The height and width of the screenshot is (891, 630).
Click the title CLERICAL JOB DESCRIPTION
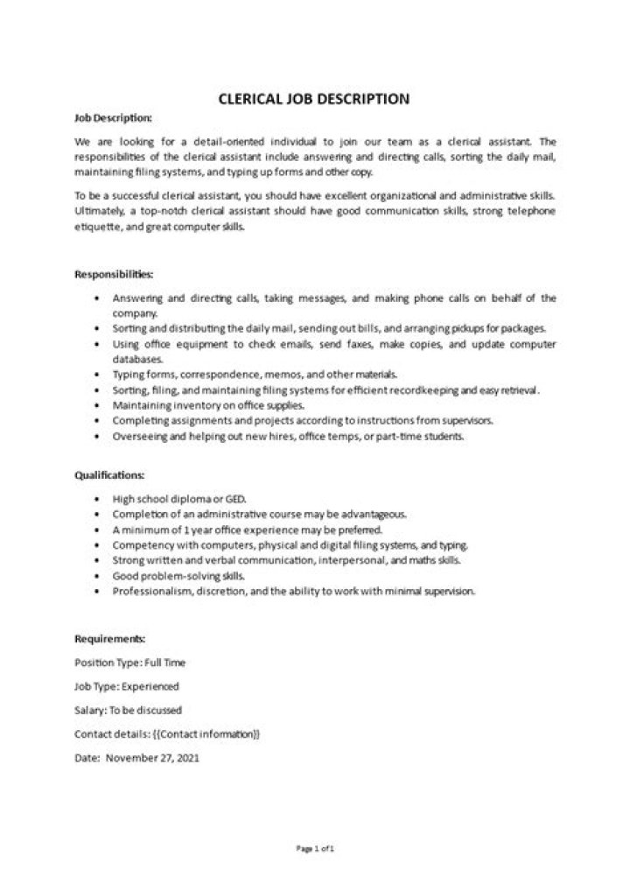point(313,99)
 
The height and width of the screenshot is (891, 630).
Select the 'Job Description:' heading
point(113,117)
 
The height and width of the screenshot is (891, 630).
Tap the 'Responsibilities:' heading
point(115,274)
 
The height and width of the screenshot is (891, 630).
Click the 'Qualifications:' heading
point(110,474)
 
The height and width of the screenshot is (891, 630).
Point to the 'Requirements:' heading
point(110,639)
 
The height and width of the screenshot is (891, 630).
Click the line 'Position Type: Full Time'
point(130,663)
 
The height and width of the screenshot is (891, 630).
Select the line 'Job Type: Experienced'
point(128,686)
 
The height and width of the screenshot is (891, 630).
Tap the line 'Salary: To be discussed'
point(129,710)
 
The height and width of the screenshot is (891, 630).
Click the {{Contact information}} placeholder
point(206,733)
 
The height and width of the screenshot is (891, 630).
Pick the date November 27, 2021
point(153,757)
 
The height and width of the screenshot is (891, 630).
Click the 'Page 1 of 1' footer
point(315,848)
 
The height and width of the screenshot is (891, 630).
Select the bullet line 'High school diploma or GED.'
point(173,498)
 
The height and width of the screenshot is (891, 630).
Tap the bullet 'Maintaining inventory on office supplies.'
point(208,405)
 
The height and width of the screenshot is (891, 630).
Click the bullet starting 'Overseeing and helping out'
point(288,437)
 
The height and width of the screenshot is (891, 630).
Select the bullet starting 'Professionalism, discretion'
point(293,593)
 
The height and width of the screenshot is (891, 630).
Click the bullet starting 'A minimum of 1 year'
point(235,530)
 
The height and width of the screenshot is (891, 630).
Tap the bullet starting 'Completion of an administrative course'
point(248,514)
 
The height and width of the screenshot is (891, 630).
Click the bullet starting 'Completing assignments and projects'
point(303,421)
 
